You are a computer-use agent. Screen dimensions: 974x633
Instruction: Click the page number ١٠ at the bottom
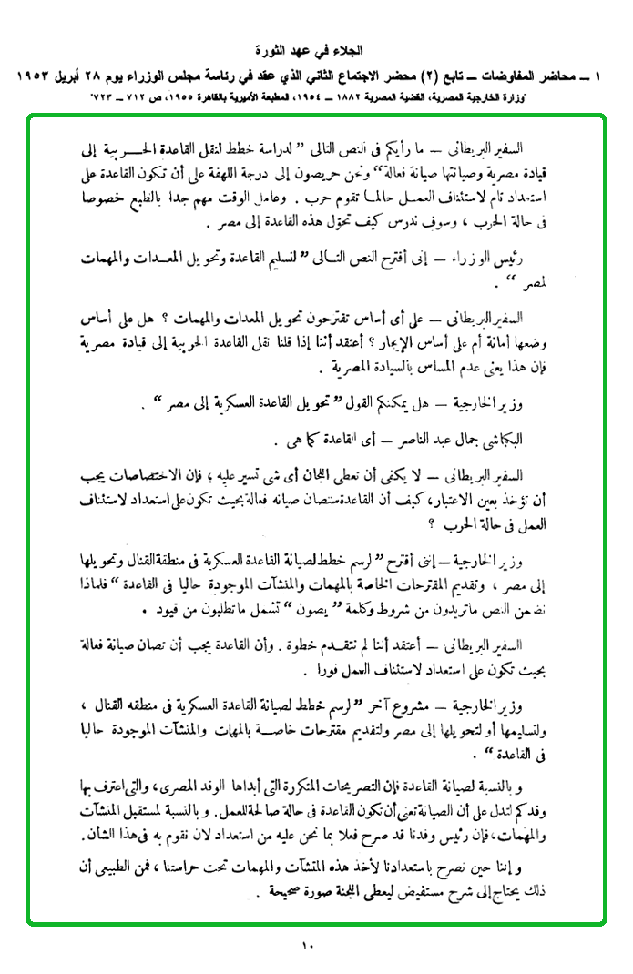point(307,946)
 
